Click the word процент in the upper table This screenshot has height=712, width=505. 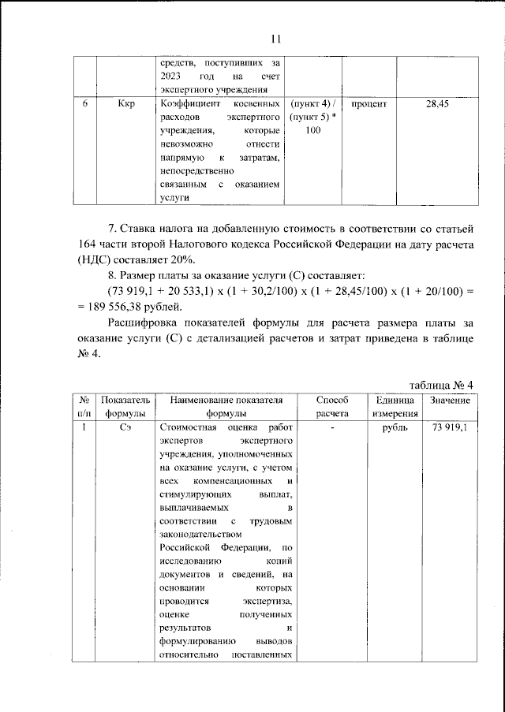coord(368,104)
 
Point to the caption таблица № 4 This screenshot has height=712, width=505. coord(441,384)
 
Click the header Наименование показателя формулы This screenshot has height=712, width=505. coord(226,407)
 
